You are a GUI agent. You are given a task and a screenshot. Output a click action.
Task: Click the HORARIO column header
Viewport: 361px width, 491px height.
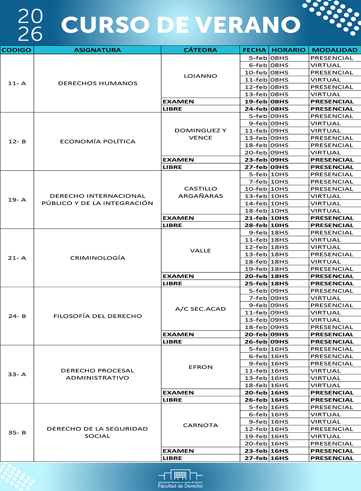click(288, 50)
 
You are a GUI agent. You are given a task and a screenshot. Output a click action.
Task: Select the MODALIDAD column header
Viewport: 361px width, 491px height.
click(335, 50)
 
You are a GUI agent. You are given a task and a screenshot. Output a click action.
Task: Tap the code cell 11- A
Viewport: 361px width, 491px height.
click(17, 83)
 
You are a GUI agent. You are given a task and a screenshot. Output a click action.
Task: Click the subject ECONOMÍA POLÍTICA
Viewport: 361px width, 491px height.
click(98, 142)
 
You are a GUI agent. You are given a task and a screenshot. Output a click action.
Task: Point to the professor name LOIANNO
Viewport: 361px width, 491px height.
click(201, 76)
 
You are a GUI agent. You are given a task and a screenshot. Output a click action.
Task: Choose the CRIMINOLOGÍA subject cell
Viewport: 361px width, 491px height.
click(98, 258)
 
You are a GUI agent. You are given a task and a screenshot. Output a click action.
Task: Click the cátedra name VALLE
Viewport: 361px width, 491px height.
click(201, 251)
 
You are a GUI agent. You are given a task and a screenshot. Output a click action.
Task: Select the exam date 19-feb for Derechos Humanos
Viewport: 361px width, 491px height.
click(256, 102)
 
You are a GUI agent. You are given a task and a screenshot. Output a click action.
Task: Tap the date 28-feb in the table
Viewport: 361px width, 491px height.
click(256, 225)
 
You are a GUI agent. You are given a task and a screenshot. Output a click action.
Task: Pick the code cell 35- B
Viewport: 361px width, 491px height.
click(17, 433)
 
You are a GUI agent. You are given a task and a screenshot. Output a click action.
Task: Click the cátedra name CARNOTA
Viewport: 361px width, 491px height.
click(201, 425)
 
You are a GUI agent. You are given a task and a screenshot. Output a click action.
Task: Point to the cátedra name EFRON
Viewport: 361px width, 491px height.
click(201, 367)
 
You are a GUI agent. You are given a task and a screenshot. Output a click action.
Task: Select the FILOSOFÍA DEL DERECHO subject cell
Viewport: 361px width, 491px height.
click(98, 316)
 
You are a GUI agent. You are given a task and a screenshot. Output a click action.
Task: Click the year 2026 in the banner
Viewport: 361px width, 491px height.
click(30, 25)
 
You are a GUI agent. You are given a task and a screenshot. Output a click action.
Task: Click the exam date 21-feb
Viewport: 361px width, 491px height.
click(256, 218)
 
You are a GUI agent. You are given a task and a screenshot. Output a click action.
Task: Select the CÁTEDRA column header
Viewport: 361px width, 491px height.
click(200, 50)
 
